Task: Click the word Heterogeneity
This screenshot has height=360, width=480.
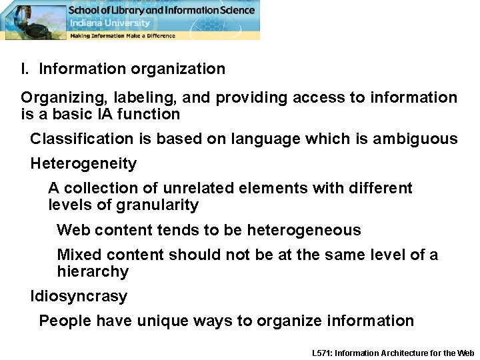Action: tap(83, 163)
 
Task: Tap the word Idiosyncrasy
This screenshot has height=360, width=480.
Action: tap(79, 296)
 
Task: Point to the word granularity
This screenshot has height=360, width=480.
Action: tap(159, 205)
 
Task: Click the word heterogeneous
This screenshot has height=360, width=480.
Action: tap(304, 230)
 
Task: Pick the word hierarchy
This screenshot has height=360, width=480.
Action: tap(93, 271)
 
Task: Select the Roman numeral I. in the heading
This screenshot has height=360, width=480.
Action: tap(25, 69)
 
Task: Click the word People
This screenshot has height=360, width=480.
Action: tap(65, 321)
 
